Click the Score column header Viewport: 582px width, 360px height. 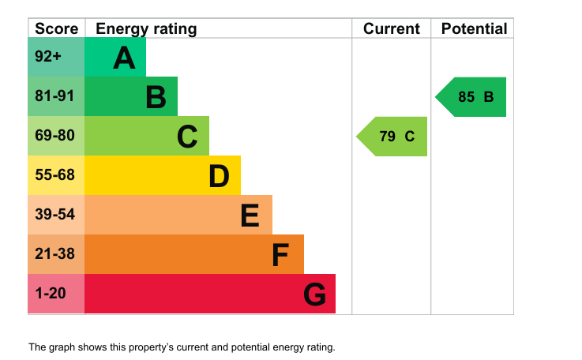click(x=56, y=28)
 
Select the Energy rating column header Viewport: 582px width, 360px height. click(x=146, y=29)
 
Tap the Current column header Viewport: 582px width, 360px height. click(x=392, y=28)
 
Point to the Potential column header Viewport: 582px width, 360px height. click(x=474, y=28)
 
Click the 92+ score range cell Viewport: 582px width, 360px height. click(x=56, y=57)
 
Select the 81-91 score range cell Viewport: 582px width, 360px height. click(x=56, y=96)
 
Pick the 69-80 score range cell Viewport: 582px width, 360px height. click(x=56, y=136)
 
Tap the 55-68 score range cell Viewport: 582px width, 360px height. click(x=56, y=175)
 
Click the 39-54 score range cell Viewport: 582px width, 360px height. click(x=56, y=215)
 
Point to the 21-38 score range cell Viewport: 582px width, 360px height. click(x=56, y=254)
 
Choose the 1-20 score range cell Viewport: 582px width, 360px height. click(x=56, y=294)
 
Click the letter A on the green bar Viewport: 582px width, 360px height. click(x=124, y=58)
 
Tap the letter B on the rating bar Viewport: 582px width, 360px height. click(x=156, y=97)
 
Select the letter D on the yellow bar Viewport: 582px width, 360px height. click(x=219, y=176)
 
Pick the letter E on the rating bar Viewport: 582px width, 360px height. click(x=250, y=216)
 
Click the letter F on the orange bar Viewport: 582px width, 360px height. click(x=280, y=255)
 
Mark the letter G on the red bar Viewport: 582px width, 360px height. click(x=315, y=294)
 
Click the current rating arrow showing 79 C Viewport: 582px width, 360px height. click(x=392, y=137)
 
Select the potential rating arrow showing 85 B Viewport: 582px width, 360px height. click(x=471, y=97)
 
